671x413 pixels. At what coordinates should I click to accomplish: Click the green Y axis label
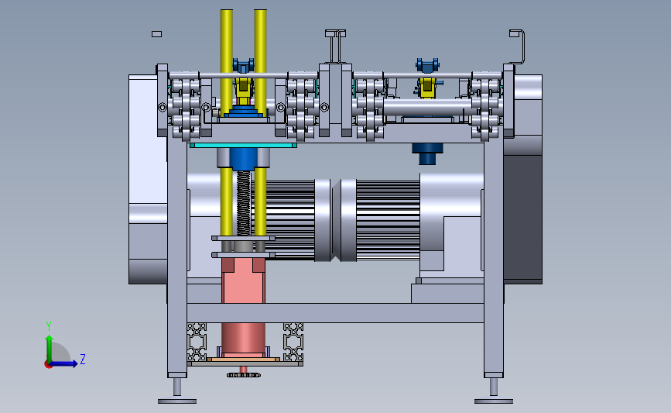pos(49,326)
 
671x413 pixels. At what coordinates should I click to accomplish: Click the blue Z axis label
pos(83,359)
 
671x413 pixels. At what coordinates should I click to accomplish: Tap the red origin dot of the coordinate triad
pos(48,365)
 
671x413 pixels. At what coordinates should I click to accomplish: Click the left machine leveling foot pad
pos(177,401)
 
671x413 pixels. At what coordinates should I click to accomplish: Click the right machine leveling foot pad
pos(494,401)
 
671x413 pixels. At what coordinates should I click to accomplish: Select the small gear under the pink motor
pos(244,375)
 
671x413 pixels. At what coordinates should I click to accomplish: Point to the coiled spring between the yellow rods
pos(244,203)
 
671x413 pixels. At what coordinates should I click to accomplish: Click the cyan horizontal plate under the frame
pos(243,146)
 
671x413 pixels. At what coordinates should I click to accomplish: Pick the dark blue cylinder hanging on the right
pos(427,153)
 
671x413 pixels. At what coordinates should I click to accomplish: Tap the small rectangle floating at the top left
pos(156,34)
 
